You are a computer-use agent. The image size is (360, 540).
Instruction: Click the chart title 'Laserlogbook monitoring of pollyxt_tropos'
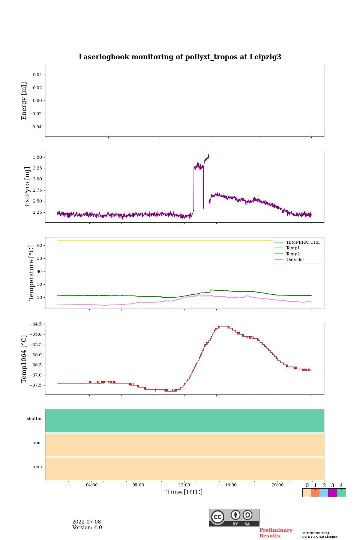180,57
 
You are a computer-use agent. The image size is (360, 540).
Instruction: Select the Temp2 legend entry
293,254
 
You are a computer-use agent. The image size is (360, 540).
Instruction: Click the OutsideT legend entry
295,259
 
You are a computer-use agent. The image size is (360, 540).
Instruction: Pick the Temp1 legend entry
293,248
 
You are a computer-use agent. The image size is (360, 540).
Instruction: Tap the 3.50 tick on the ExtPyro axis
37,157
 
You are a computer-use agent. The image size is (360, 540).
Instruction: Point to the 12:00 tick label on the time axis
184,485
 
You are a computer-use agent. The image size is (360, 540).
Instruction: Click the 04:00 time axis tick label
91,485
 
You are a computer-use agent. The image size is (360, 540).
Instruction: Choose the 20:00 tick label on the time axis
277,485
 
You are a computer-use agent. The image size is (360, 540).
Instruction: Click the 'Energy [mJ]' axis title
24,101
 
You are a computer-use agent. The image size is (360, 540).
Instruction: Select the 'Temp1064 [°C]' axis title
24,359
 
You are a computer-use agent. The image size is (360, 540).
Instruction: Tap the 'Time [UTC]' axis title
184,492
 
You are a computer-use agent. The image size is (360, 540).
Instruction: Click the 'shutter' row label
34,419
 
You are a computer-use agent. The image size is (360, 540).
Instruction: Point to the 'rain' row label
38,467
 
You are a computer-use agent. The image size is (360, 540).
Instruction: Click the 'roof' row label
38,443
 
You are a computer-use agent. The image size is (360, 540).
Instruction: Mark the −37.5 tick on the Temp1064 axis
36,385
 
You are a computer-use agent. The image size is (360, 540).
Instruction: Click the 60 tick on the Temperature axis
39,245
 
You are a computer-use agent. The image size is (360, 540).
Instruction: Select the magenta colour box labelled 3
332,493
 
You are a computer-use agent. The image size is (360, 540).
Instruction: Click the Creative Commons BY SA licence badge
234,517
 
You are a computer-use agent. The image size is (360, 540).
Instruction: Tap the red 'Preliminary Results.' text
276,533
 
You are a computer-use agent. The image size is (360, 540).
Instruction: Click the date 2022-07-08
87,522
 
